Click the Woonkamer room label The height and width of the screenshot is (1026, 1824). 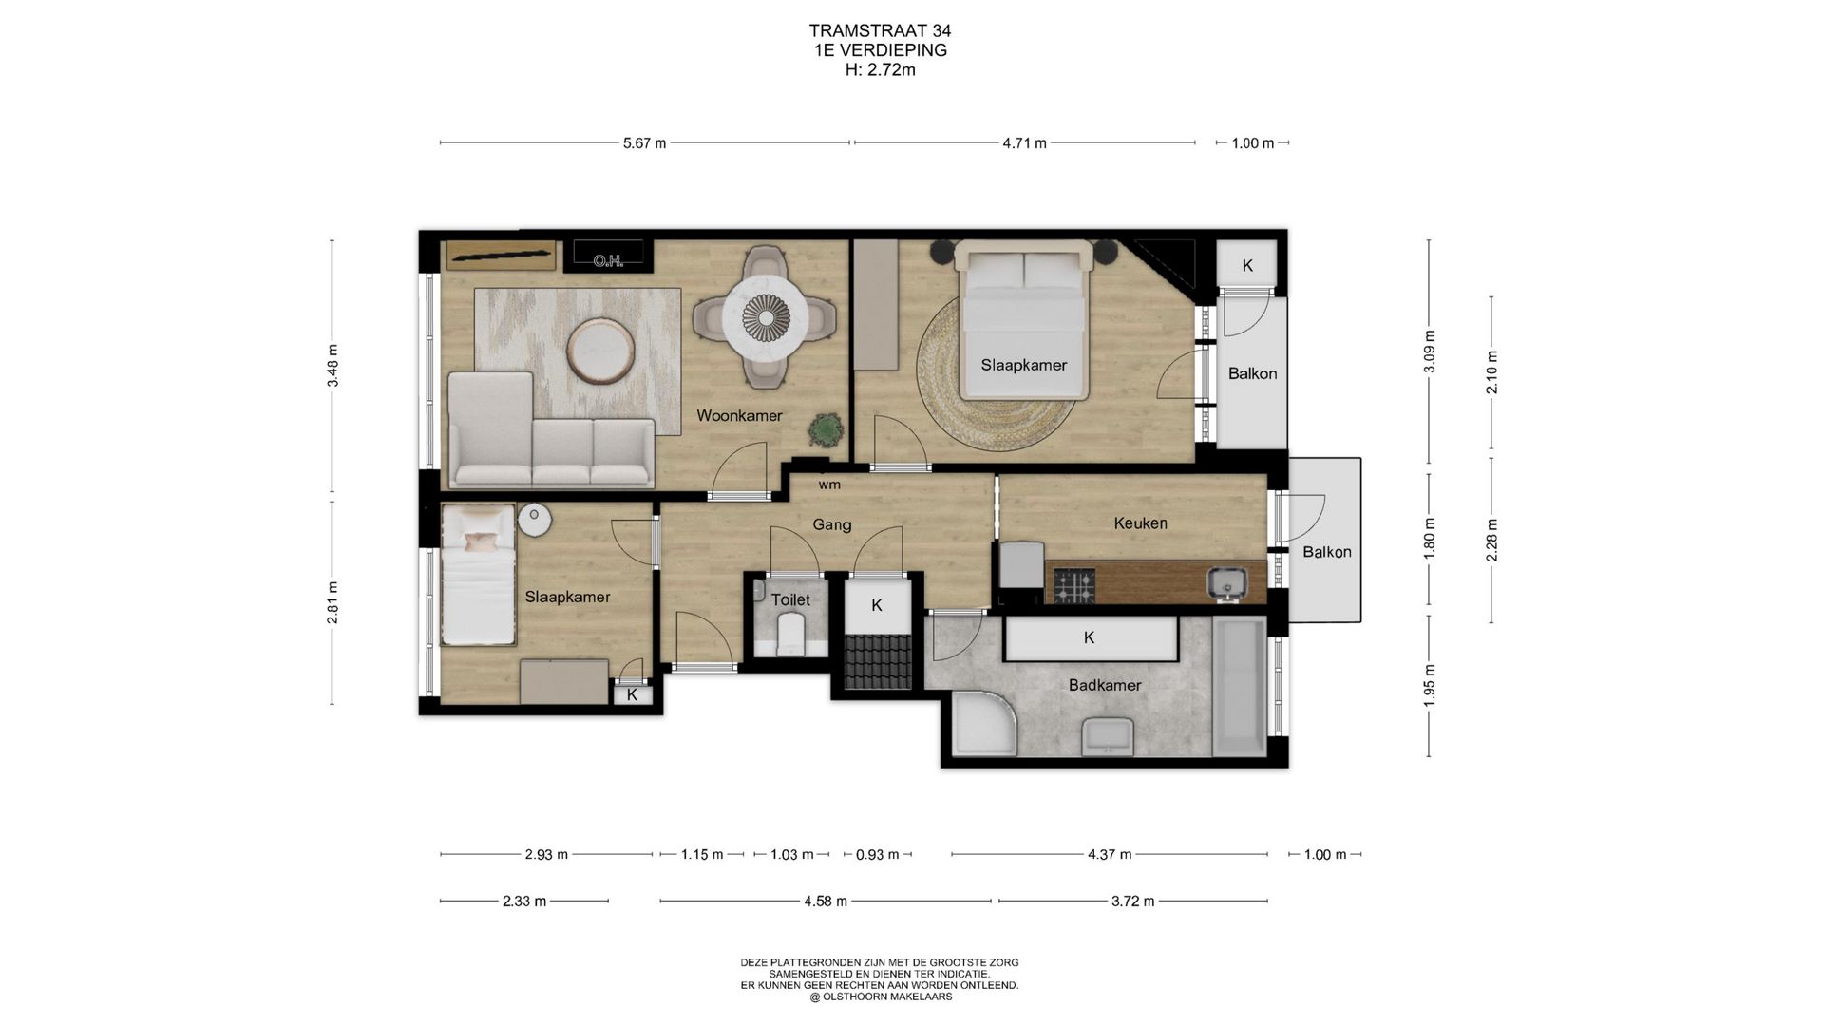tap(739, 415)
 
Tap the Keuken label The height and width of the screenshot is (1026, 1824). tap(1140, 522)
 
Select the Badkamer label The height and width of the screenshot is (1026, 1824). tap(1105, 685)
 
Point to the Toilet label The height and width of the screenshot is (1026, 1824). tap(790, 599)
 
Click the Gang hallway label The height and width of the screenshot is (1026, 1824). tap(831, 524)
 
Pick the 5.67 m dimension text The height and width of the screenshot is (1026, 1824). tap(644, 143)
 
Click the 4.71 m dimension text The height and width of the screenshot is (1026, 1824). tap(1024, 143)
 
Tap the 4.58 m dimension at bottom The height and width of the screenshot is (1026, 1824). tap(825, 902)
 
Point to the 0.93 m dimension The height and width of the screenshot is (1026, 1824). tap(877, 855)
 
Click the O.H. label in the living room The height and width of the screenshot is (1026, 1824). tap(608, 260)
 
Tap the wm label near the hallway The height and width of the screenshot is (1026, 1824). tap(829, 484)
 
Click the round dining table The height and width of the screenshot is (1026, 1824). tap(765, 315)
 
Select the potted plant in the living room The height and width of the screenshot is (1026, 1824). tap(825, 430)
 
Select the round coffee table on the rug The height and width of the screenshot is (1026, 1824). tap(601, 351)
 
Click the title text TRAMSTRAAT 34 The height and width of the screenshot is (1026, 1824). tap(880, 31)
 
